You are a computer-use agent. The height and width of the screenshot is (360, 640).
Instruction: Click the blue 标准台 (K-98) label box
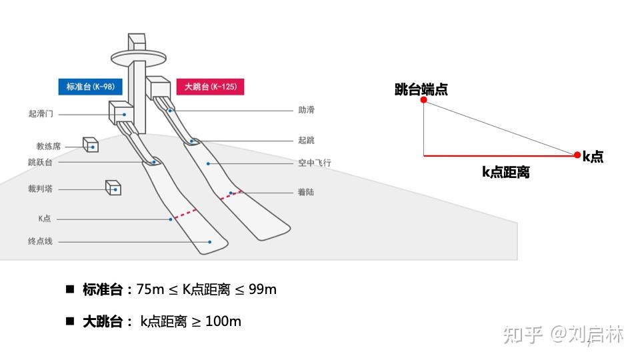point(90,87)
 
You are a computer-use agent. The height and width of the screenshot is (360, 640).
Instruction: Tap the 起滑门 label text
point(41,115)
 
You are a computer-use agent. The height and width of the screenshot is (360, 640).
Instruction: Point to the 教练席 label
point(49,146)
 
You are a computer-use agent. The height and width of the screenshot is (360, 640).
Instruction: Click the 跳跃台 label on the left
point(40,162)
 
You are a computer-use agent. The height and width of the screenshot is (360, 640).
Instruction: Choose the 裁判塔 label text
point(40,189)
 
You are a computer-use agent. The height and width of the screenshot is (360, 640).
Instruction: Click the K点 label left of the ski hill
point(45,219)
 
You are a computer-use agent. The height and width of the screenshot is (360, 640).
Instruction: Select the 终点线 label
point(40,241)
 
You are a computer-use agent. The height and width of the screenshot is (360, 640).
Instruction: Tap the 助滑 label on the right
point(306,110)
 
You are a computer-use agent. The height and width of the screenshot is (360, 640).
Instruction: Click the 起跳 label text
point(306,141)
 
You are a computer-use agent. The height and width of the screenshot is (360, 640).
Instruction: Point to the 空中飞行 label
point(315,163)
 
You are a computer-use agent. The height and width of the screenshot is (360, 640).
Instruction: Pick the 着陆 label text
point(306,193)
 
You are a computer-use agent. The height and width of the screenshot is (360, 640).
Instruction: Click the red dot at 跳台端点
point(423,100)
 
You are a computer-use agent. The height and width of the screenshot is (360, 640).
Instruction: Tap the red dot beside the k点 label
point(577,155)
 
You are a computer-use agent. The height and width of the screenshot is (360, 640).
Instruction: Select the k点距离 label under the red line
point(506,172)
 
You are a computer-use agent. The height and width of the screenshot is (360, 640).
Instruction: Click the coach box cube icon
point(91,145)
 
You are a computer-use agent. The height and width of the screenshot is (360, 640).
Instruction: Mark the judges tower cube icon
point(113,188)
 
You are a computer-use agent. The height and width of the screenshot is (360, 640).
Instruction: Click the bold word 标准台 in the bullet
point(103,289)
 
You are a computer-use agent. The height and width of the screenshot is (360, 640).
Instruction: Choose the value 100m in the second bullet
point(223,321)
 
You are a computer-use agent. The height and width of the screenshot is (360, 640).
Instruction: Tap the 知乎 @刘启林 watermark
point(563,334)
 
